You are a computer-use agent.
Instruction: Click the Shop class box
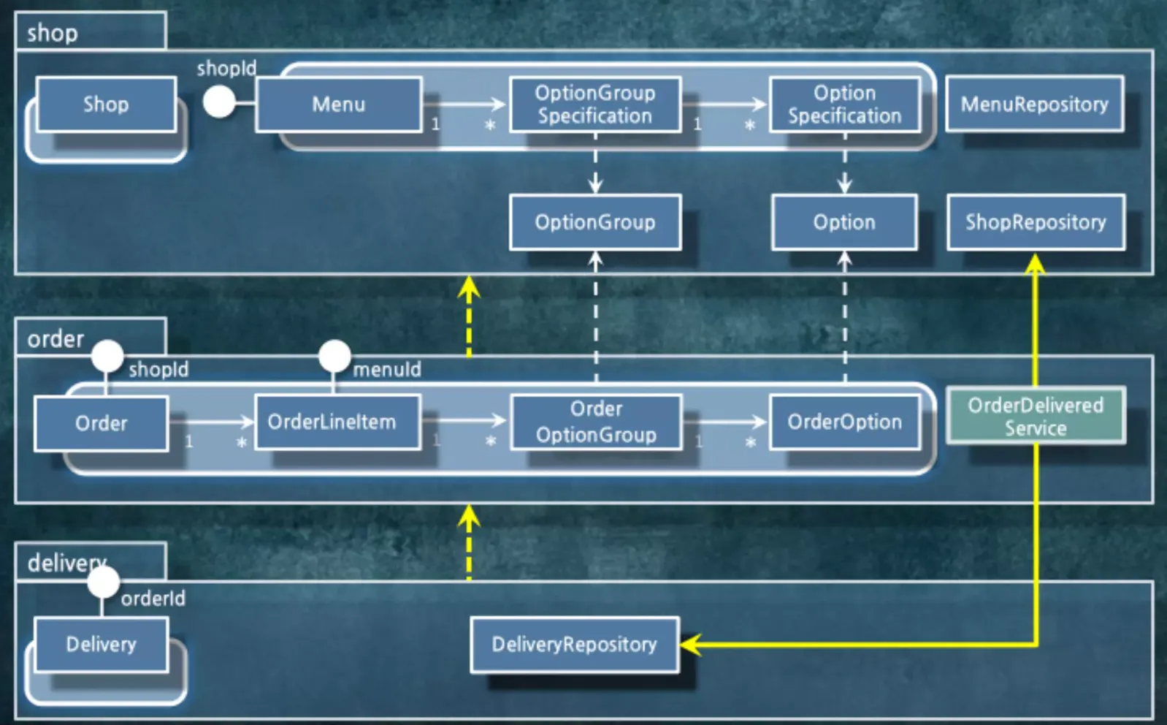(x=107, y=105)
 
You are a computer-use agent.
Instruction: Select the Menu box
(x=339, y=105)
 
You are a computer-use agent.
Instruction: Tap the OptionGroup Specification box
(x=595, y=105)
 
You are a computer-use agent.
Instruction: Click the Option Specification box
(x=845, y=105)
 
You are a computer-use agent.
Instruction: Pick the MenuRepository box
(x=1035, y=104)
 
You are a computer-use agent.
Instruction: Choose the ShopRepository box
(x=1036, y=223)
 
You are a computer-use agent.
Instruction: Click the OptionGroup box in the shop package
(x=595, y=223)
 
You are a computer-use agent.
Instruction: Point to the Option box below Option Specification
(x=844, y=223)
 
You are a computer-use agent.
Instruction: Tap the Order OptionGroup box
(x=597, y=422)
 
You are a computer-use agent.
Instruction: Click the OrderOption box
(x=845, y=422)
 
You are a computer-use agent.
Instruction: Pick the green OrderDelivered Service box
(x=1036, y=416)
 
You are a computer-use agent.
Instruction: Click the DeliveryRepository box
(x=575, y=645)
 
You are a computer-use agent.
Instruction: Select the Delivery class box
(x=102, y=645)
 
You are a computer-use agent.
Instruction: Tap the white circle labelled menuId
(x=334, y=357)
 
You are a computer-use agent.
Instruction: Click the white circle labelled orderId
(x=103, y=582)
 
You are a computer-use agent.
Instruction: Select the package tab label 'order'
(x=56, y=339)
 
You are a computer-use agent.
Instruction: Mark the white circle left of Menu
(x=219, y=102)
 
